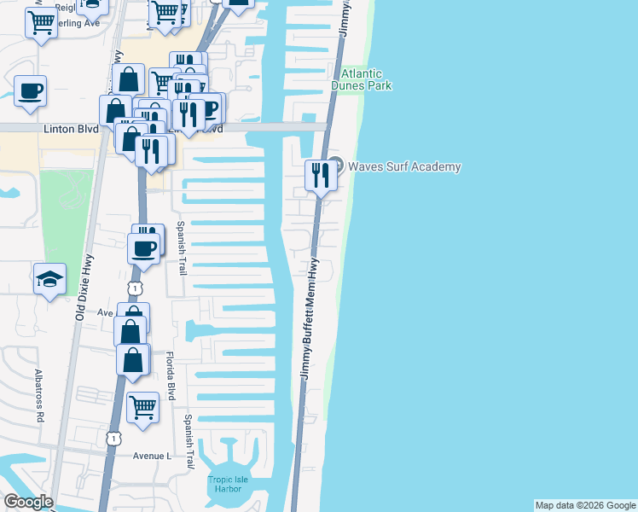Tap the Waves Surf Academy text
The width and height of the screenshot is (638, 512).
pos(403,166)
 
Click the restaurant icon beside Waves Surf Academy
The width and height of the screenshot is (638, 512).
pos(320,175)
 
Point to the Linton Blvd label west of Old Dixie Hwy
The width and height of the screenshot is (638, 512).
pos(69,129)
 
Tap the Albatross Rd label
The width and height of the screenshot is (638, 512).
pos(39,396)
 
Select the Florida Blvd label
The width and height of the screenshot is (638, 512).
pos(171,376)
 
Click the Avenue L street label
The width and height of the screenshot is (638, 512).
pos(152,456)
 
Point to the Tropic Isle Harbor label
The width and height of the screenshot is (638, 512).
pos(228,485)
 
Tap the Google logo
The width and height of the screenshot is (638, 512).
pos(28,502)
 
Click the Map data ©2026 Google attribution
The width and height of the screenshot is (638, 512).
pos(585,505)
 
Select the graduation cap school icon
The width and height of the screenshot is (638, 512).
pos(49,278)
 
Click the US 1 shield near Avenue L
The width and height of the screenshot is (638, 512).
pos(113,438)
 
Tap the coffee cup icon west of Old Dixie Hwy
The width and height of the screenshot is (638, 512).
pos(31,90)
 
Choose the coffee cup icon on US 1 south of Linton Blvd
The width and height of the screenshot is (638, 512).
pos(143,248)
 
